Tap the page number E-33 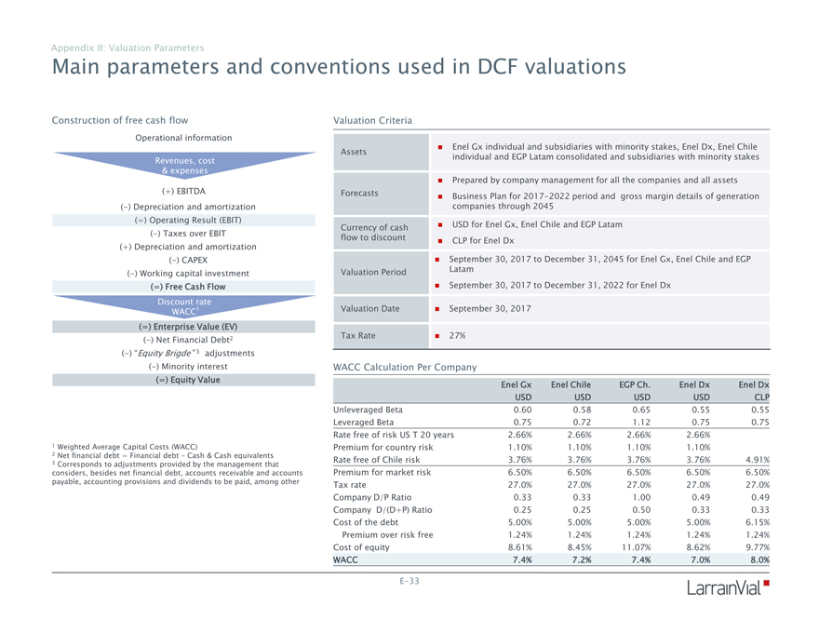(408, 581)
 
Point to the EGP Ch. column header (636, 384)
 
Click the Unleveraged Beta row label (368, 409)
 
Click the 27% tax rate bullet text (458, 335)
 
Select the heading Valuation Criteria (372, 120)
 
